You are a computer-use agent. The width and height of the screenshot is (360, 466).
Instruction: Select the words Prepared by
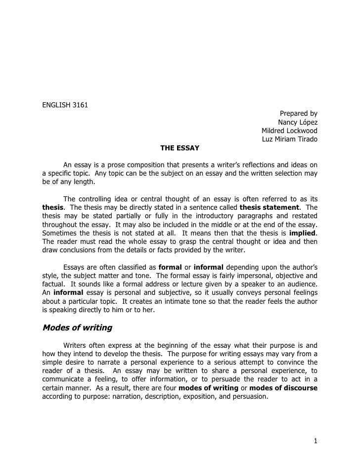[x=298, y=113]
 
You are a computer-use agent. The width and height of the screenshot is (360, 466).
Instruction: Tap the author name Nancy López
[x=298, y=122]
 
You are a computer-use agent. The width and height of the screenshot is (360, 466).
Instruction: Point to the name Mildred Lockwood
[x=289, y=131]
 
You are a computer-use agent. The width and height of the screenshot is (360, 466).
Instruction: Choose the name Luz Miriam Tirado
[x=289, y=140]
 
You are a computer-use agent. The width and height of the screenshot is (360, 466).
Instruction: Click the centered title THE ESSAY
[x=180, y=148]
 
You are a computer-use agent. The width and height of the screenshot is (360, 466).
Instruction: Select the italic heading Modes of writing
[x=77, y=327]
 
